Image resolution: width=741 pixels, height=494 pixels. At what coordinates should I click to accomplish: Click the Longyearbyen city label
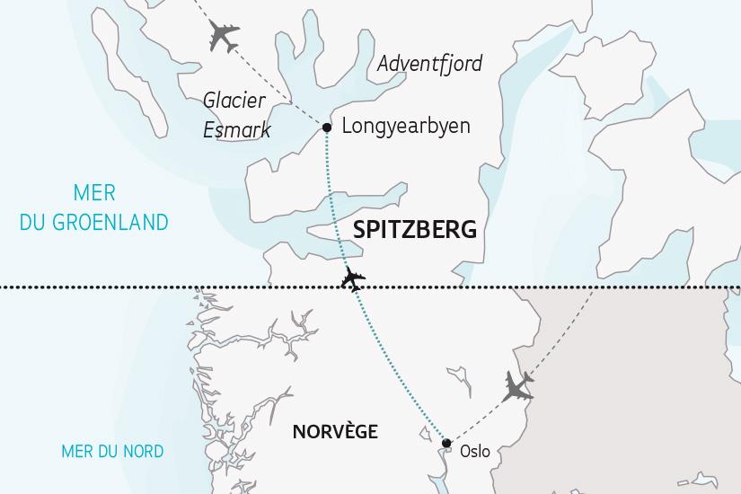point(406,126)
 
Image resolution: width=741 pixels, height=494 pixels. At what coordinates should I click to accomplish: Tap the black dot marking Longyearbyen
point(327,128)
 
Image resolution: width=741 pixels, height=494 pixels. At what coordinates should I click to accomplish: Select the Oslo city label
point(474,452)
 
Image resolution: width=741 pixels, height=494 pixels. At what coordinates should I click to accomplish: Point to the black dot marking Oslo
point(446,442)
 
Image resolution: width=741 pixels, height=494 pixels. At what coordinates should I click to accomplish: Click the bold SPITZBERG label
point(415,230)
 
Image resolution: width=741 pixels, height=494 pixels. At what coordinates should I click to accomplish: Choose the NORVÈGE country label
point(335,432)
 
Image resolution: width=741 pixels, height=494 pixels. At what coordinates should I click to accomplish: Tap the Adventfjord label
point(429,64)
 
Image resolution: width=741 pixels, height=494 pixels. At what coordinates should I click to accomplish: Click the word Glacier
point(235,100)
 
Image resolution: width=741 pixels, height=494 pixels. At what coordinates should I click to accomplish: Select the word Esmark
point(237,131)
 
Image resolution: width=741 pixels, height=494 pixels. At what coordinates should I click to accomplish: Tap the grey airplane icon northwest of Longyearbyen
point(223,37)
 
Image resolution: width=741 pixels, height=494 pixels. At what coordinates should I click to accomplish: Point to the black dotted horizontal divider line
point(135,288)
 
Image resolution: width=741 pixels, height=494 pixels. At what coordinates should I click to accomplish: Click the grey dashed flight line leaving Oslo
point(481,418)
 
